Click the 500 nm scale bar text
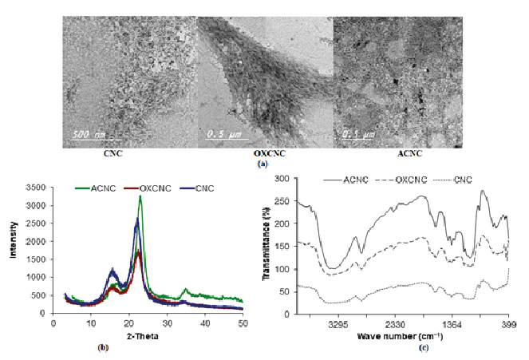coord(89,133)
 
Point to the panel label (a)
coord(263,163)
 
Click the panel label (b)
coord(102,348)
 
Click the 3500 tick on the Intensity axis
coord(37,187)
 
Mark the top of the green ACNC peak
coord(140,196)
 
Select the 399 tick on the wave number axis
coord(507,325)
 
